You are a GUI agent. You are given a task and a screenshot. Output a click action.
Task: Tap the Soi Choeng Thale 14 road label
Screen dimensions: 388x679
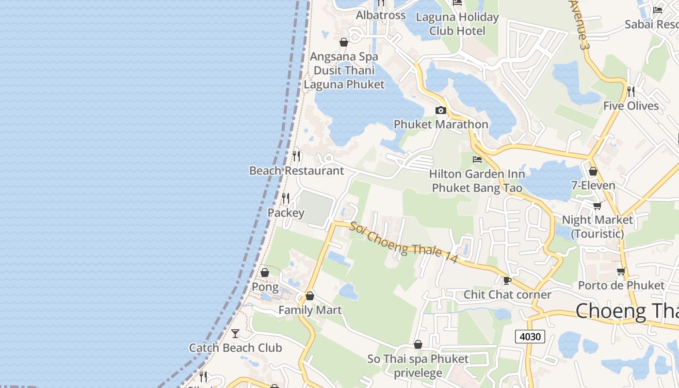coord(404,243)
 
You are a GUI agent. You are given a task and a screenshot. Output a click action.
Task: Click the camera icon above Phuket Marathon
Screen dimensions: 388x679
coord(441,111)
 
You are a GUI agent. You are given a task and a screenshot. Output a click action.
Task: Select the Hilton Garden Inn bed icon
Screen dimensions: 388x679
coord(477,159)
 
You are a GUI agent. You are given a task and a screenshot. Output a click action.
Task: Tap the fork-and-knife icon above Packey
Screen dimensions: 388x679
coord(286,198)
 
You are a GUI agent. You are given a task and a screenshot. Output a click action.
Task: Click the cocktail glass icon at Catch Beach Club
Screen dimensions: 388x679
coord(235,334)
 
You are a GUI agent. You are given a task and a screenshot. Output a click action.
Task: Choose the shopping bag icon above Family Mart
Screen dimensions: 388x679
coord(310,296)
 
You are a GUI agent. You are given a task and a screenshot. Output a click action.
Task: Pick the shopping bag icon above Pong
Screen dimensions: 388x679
coord(265,273)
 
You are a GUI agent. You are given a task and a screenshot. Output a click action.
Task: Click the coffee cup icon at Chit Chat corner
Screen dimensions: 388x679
coord(507,280)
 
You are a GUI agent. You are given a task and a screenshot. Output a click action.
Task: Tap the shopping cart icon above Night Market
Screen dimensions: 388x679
coord(598,206)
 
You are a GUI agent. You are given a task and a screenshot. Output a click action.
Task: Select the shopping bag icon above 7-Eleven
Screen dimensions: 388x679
coord(593,171)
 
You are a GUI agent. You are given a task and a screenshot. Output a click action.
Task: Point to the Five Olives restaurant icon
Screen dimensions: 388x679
coord(631,91)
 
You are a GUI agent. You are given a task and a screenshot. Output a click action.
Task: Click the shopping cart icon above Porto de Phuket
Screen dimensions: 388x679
coord(621,271)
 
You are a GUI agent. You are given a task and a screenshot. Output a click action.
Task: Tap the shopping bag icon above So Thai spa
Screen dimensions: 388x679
coord(418,344)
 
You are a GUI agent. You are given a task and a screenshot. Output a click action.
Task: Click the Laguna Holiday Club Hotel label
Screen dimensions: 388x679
coord(457,24)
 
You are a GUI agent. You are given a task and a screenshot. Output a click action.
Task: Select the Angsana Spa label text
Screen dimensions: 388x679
coord(344,57)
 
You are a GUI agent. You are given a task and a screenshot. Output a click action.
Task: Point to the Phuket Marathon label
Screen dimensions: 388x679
coord(441,125)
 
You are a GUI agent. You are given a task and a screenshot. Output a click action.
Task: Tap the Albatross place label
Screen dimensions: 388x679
coord(381,16)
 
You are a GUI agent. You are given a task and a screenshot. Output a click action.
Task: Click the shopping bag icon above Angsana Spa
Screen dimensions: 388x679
coord(344,43)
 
